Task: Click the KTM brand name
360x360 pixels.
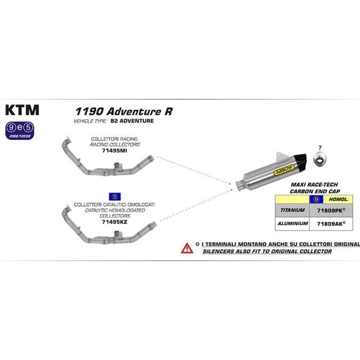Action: coord(22,110)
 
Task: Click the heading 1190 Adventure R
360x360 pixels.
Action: coord(123,111)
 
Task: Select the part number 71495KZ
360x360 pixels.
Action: coord(114,222)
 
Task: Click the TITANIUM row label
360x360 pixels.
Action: coord(292,210)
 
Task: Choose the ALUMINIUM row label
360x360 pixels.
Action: coord(292,223)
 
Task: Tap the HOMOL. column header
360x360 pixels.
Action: coord(338,199)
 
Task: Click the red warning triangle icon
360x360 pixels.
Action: coord(187,248)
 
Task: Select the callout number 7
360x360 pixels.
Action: coord(320,148)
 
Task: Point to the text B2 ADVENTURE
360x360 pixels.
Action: coord(132,121)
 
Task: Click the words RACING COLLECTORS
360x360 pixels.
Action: coord(115,144)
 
